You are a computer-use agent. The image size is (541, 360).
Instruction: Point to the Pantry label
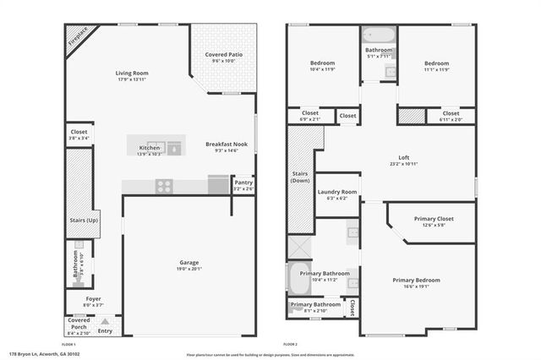pyautogui.click(x=243, y=182)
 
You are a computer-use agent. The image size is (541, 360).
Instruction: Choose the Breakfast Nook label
pyautogui.click(x=227, y=145)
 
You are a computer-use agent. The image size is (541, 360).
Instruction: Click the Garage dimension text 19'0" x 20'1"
pyautogui.click(x=189, y=269)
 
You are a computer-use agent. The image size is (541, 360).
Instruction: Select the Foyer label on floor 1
pyautogui.click(x=92, y=298)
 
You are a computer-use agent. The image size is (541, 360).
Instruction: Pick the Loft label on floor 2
pyautogui.click(x=403, y=157)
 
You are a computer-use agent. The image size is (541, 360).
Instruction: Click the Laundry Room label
pyautogui.click(x=337, y=192)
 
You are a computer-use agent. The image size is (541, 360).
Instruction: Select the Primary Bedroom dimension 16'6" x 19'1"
pyautogui.click(x=416, y=286)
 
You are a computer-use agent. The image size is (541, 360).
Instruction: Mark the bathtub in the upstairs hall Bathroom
pyautogui.click(x=378, y=35)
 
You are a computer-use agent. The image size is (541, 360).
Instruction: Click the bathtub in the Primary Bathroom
pyautogui.click(x=301, y=278)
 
